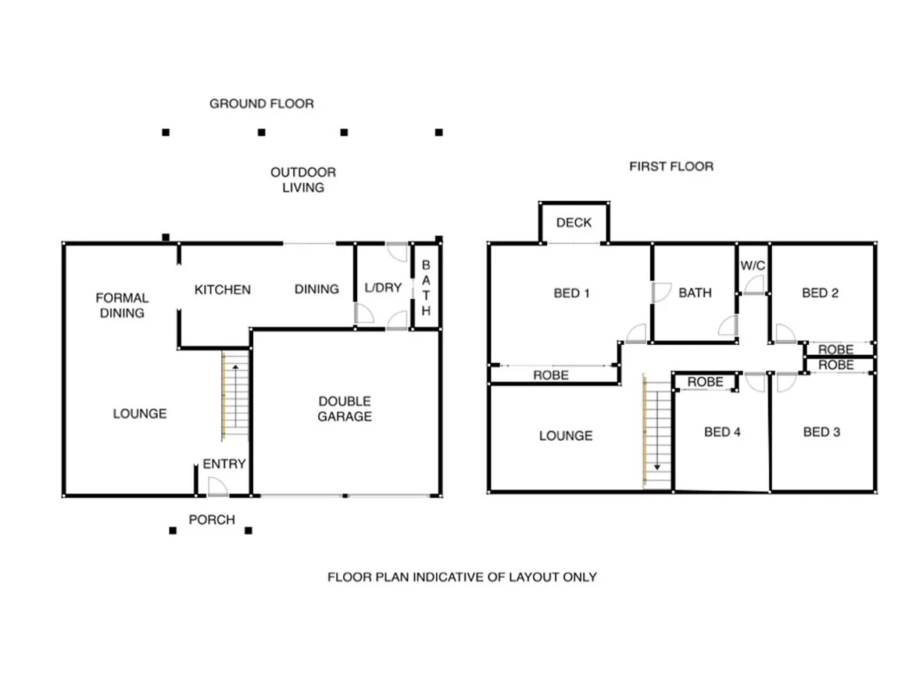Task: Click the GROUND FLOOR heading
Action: [261, 103]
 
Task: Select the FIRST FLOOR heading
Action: [671, 167]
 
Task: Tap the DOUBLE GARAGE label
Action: [344, 409]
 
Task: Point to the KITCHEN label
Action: [222, 289]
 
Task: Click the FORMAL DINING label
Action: [121, 305]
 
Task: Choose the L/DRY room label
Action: [383, 288]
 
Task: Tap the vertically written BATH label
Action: [426, 289]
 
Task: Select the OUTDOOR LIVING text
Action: [302, 180]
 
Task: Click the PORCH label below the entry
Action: [211, 519]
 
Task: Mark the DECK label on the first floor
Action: [574, 223]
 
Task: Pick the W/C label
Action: [753, 266]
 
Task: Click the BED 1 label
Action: [571, 293]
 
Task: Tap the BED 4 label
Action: [721, 432]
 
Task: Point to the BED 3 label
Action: [821, 432]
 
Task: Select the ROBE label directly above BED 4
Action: [705, 382]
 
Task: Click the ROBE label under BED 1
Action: [551, 375]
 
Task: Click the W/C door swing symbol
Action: [754, 285]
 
